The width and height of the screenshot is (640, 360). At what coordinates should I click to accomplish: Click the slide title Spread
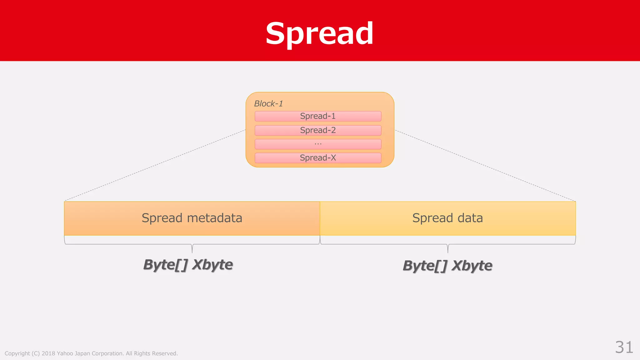coord(319,33)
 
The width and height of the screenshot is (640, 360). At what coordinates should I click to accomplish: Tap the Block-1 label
coord(268,104)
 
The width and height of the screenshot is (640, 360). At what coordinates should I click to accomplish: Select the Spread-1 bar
coord(318,116)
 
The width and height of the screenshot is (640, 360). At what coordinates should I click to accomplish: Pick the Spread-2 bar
coord(318,130)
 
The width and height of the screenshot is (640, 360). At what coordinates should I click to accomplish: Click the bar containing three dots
coord(318,144)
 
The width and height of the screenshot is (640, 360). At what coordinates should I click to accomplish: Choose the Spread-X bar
coord(318,158)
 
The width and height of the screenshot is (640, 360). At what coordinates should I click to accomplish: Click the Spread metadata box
coord(192,218)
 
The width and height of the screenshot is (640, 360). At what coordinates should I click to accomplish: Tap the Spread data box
coord(447,218)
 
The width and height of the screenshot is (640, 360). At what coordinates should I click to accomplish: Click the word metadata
coord(214,218)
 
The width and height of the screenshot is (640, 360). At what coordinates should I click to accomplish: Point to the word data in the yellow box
coord(470,218)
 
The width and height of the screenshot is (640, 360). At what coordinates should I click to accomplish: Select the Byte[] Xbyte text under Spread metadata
coord(188,265)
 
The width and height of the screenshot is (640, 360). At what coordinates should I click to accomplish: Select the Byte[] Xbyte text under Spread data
coord(447,266)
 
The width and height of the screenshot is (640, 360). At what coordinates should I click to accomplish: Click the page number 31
coord(624,347)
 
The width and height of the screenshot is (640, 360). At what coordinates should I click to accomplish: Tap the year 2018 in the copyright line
coord(48,353)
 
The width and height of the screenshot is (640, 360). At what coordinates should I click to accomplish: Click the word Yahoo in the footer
coord(65,353)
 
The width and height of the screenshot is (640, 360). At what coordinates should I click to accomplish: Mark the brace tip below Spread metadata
coord(192,251)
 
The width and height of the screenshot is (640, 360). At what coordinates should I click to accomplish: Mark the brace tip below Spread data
coord(448,251)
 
